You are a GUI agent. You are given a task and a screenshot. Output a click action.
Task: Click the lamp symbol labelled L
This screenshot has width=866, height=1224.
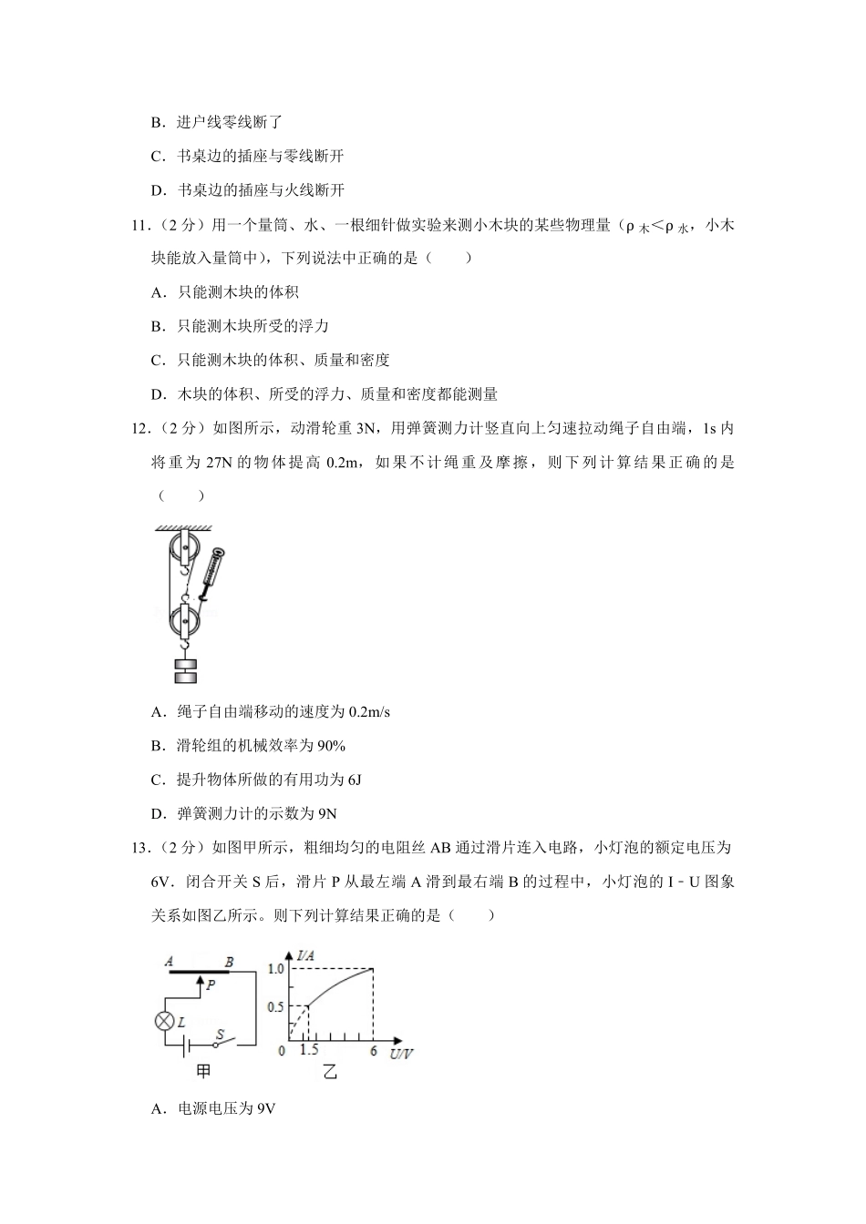[165, 1020]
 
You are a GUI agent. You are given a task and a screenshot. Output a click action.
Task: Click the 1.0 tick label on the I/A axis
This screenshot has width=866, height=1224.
[276, 969]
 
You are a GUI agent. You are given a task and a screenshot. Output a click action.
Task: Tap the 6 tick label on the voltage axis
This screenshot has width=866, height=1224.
[373, 1051]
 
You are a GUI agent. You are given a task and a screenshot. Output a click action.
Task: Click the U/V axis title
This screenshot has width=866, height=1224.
[400, 1054]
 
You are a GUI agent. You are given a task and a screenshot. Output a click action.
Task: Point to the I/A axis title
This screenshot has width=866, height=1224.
[306, 955]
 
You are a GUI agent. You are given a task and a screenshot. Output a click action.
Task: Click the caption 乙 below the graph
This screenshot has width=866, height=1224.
[329, 1073]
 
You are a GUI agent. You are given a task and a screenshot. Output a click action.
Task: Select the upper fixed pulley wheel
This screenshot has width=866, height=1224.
[184, 549]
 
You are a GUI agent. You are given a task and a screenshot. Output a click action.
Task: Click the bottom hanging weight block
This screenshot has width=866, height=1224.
[185, 677]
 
